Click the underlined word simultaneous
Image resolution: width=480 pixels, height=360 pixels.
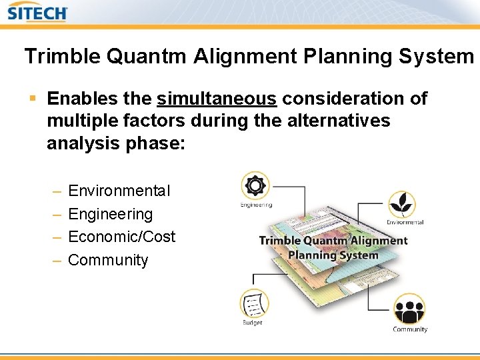point(217,99)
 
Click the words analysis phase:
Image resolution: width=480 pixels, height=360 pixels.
point(115,144)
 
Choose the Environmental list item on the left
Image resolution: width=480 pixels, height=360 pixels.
point(119,191)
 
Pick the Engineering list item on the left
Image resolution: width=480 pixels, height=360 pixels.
point(111,215)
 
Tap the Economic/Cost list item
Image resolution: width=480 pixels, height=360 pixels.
point(122,237)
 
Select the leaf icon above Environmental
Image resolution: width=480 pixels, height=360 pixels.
point(402,203)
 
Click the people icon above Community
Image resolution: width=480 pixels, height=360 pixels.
point(409,309)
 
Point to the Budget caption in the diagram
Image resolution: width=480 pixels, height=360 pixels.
point(253,323)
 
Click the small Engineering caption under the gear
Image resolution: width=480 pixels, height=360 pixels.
point(256,205)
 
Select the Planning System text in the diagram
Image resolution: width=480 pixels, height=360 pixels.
point(333,255)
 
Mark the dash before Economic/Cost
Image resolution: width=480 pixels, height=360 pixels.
point(56,237)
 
